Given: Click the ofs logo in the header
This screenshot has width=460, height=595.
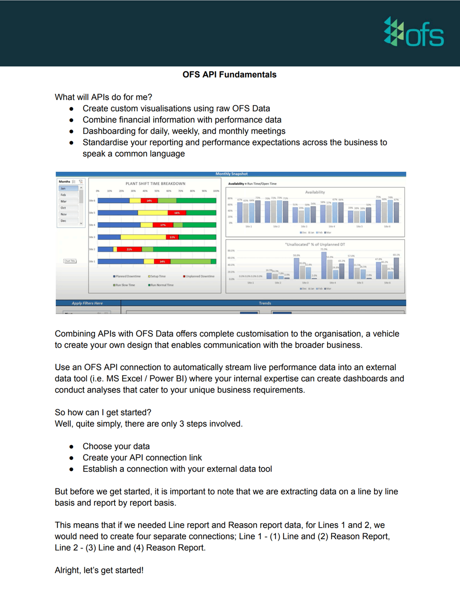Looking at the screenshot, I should [x=414, y=32].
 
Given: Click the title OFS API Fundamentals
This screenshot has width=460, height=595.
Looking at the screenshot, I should [x=229, y=74].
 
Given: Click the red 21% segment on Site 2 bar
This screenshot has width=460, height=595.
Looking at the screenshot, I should [x=129, y=249].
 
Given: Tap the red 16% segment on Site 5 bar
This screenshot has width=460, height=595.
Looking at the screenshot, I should [x=177, y=213].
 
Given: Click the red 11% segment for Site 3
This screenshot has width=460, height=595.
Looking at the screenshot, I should [x=172, y=237].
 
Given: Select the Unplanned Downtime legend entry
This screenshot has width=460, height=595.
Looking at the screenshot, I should [x=199, y=277].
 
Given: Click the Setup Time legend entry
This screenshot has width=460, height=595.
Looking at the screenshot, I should [x=157, y=277].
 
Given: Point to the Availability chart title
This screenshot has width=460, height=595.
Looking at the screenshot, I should [x=315, y=192].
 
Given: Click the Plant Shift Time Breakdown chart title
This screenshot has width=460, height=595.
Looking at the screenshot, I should [x=155, y=183].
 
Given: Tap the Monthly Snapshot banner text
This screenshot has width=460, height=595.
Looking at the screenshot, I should [x=231, y=174].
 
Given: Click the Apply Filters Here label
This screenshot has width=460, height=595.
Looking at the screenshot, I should [x=87, y=303].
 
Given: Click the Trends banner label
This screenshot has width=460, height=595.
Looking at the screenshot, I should [x=265, y=303].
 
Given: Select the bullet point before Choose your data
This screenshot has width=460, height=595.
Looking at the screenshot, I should [x=71, y=446].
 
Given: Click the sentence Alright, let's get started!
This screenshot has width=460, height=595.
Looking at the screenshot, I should [x=99, y=570].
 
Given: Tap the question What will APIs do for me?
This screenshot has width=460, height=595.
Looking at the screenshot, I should [x=103, y=97].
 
